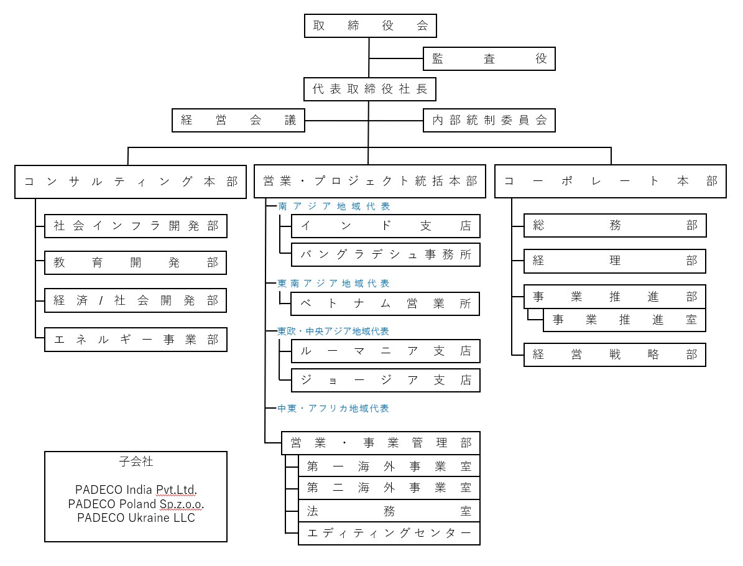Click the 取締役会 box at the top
pos(370,26)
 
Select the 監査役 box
pos(489,59)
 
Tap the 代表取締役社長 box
pos(370,90)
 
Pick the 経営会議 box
pos(239,121)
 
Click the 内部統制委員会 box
pos(489,121)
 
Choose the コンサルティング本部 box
pos(131,182)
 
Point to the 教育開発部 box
pos(136,263)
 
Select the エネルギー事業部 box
pos(136,340)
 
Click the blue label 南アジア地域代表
pos(334,206)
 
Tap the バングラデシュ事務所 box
pos(385,254)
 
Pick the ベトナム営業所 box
pos(385,304)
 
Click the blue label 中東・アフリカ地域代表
pos(334,409)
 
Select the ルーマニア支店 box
pos(385,351)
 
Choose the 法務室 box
pos(389,511)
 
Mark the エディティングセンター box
pos(389,534)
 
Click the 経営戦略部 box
pos(615,355)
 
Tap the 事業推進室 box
pos(624,320)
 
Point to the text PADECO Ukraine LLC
pos(136,517)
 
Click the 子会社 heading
pos(136,462)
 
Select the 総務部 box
pos(615,226)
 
